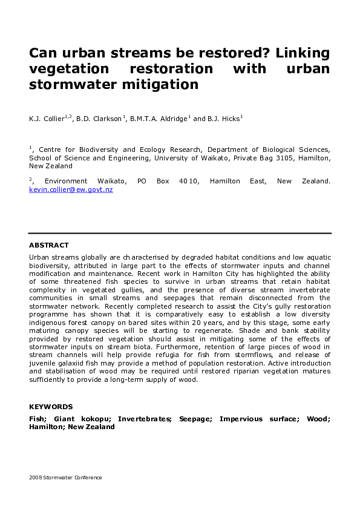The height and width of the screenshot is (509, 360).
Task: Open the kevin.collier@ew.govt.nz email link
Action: pyautogui.click(x=71, y=189)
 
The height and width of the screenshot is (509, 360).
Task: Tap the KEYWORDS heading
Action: pyautogui.click(x=51, y=407)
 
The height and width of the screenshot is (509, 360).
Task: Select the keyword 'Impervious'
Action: pyautogui.click(x=241, y=419)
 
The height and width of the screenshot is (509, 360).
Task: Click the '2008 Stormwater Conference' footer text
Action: pyautogui.click(x=65, y=478)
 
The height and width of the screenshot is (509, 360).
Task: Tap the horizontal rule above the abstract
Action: pyautogui.click(x=180, y=233)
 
